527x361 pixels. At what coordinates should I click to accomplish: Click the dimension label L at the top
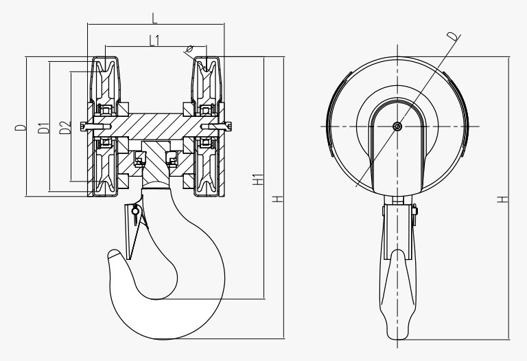point(154,18)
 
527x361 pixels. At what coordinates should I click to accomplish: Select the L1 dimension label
point(154,41)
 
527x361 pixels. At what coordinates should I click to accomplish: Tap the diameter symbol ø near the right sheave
point(189,50)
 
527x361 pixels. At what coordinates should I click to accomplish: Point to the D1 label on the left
point(44,129)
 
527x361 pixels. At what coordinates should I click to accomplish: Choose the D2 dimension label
point(66,127)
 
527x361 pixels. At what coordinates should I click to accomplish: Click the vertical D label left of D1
point(21,128)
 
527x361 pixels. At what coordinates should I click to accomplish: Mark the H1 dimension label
point(257,179)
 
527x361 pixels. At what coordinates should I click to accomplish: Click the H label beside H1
point(278,199)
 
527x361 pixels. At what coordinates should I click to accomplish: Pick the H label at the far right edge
point(503,199)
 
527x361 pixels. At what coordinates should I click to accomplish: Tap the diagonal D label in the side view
point(452,36)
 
